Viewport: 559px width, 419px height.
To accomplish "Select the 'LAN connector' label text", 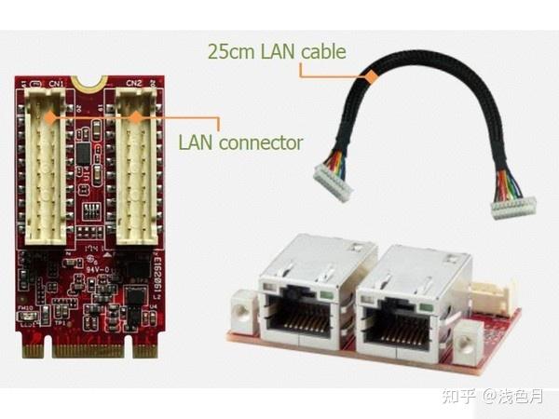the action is [x=240, y=142].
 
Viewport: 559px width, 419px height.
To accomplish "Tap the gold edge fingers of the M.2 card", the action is [x=92, y=352].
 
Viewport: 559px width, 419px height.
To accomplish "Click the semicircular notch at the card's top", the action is [x=90, y=83].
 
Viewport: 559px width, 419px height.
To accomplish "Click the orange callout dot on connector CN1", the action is [x=54, y=117].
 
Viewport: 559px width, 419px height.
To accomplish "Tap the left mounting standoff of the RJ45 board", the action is [x=244, y=306].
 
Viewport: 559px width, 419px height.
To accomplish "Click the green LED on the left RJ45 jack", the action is [x=324, y=297].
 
